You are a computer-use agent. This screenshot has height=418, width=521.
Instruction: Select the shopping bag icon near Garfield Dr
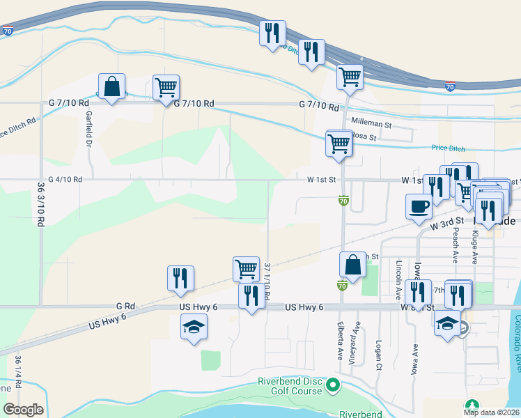[111, 87]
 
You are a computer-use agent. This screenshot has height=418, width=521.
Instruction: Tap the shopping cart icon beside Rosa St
[339, 144]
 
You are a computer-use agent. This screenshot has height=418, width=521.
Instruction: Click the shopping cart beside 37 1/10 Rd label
[246, 268]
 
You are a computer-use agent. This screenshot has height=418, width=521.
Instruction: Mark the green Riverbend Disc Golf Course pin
[333, 384]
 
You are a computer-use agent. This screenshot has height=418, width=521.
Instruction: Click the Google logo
[23, 410]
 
